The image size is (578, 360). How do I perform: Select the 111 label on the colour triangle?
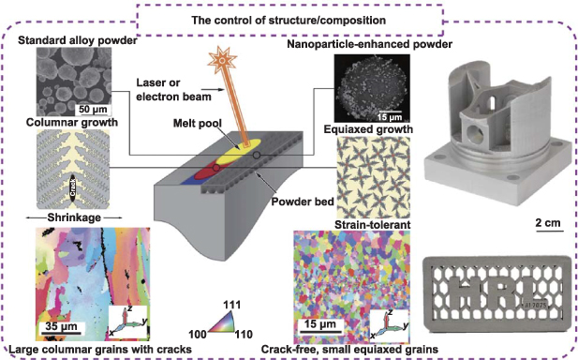click(234, 304)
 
